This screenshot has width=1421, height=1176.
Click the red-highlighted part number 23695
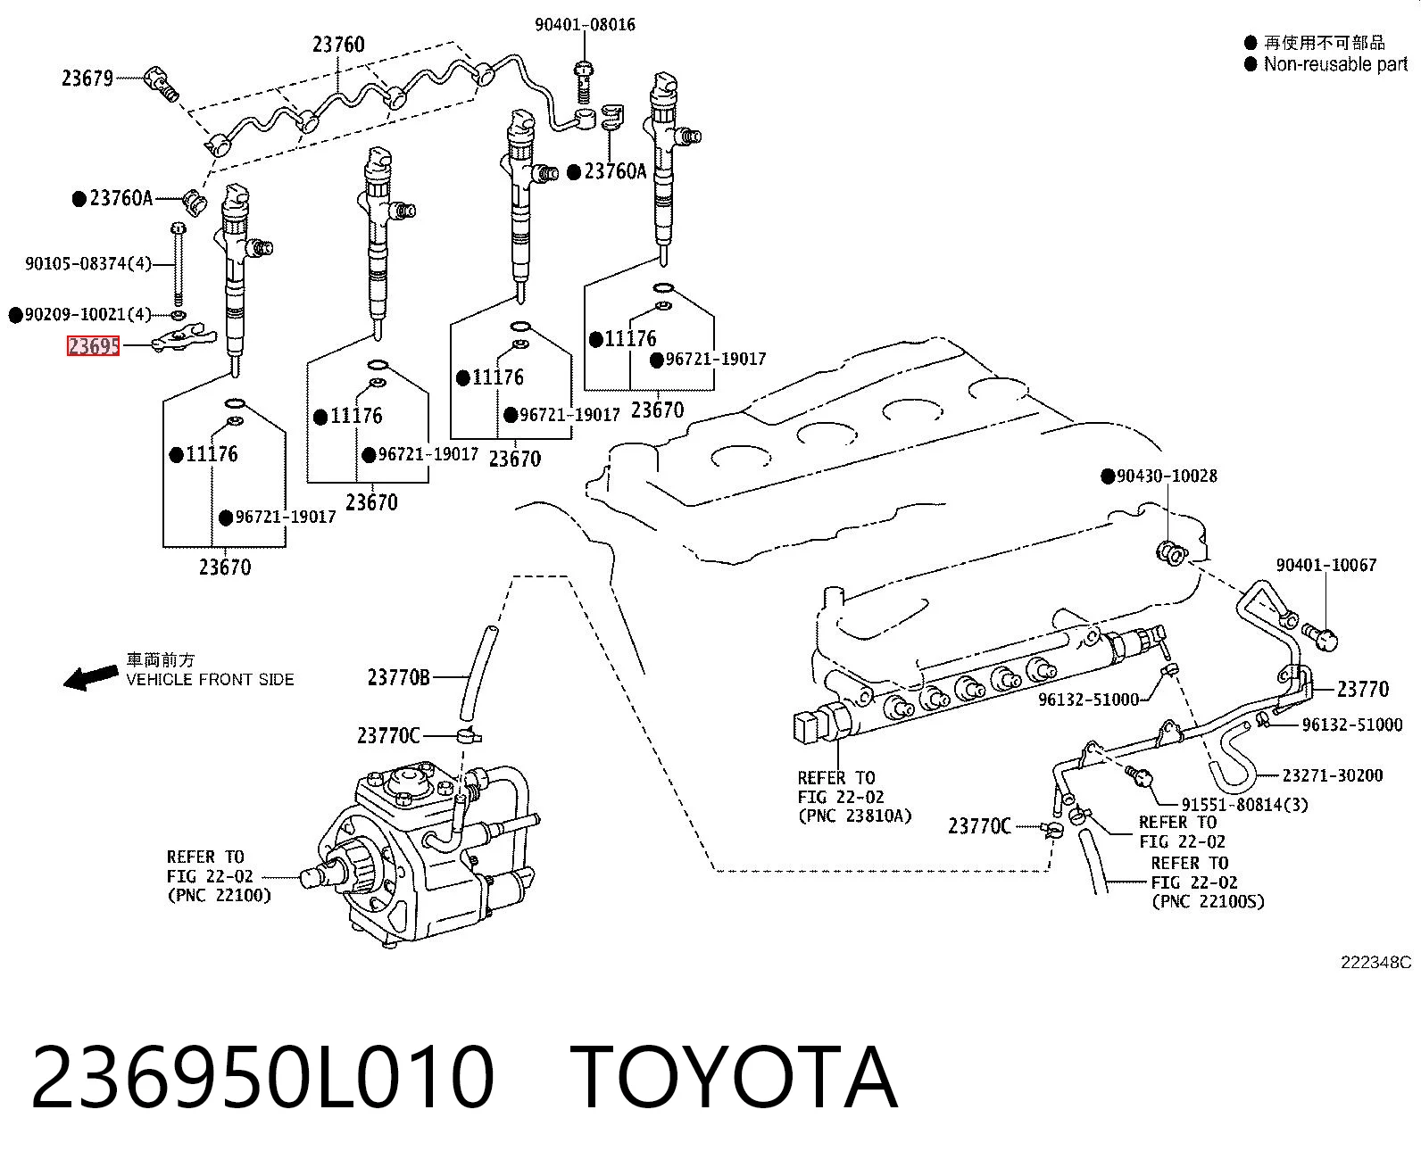[93, 345]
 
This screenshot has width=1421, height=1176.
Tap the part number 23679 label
[87, 79]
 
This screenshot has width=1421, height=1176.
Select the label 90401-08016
[585, 24]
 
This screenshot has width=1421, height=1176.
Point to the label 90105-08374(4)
[88, 263]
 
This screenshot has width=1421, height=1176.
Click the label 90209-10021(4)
[87, 314]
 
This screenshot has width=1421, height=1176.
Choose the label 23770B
[399, 677]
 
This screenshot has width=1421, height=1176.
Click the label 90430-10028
[1167, 476]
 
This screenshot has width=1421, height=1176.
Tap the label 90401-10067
[1325, 565]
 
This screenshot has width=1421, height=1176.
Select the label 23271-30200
[1333, 775]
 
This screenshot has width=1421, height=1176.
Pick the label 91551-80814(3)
[1245, 805]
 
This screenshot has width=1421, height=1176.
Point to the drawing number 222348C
[1375, 963]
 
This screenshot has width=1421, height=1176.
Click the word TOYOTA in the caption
[734, 1078]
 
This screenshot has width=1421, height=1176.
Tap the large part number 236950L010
[262, 1078]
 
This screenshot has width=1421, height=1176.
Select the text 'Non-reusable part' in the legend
[1335, 64]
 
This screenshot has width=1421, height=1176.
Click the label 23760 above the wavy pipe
[338, 45]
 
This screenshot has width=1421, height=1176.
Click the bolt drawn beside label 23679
[162, 83]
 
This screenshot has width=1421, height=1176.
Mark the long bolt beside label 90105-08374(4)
[178, 264]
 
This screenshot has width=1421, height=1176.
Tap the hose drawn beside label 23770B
[478, 673]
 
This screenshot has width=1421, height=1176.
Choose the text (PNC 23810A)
[854, 816]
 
